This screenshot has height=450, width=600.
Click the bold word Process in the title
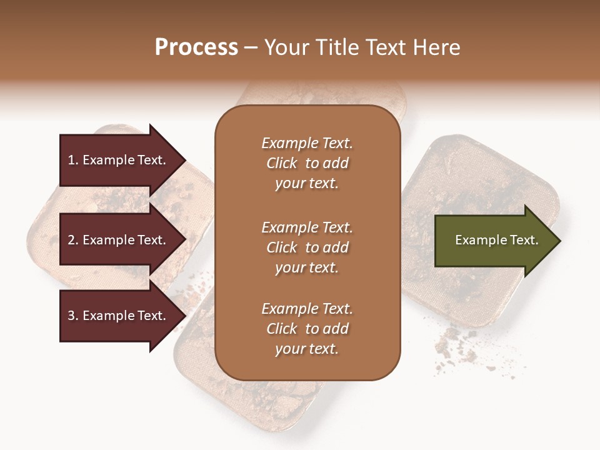[196, 47]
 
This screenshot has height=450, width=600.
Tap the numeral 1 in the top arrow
[71, 160]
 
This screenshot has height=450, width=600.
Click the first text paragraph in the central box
[307, 163]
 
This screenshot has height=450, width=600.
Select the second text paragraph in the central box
[307, 247]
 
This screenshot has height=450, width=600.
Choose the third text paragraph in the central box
[307, 329]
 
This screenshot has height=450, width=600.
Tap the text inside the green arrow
[497, 240]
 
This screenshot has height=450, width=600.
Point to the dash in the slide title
[251, 48]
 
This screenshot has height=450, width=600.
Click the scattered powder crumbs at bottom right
[456, 347]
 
